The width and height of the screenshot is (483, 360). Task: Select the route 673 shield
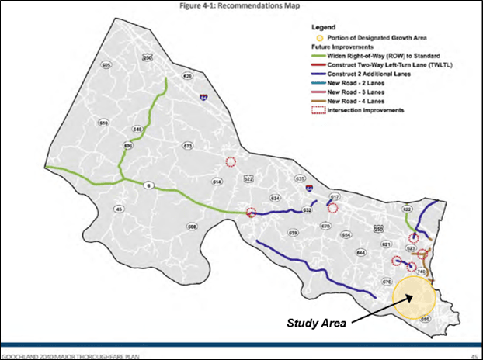click(x=186, y=146)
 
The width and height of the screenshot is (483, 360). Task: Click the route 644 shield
click(x=360, y=253)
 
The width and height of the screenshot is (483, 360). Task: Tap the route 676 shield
click(x=386, y=281)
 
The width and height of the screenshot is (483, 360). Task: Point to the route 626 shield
click(x=187, y=76)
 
